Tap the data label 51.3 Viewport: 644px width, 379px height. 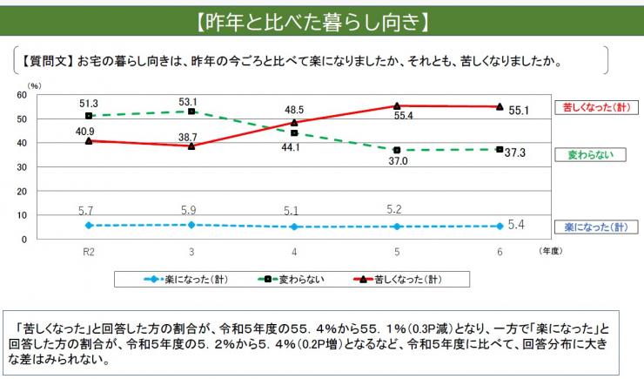click(88, 103)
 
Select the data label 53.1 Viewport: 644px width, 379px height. click(191, 101)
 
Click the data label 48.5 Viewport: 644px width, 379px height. click(294, 110)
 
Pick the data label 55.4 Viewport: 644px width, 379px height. click(401, 116)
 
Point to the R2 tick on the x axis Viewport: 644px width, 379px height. click(88, 251)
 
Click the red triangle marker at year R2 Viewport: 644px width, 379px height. click(88, 140)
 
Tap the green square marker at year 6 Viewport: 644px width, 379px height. click(500, 149)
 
